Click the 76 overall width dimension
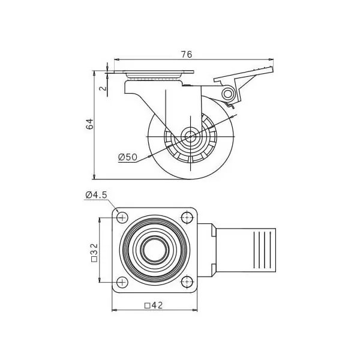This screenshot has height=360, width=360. point(187,55)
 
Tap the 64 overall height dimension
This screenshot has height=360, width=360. point(90,124)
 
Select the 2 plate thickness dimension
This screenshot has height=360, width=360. point(104,88)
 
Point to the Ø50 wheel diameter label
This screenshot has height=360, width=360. point(128,157)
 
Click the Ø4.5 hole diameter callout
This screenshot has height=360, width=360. point(96,195)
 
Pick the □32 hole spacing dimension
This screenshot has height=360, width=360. point(94,253)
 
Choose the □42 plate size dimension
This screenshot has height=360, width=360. point(154,305)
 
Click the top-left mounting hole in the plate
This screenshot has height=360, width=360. point(122,217)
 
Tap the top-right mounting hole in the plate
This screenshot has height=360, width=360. point(187,217)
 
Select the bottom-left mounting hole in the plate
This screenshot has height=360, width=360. point(122,282)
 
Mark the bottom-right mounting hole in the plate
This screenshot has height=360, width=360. point(187,282)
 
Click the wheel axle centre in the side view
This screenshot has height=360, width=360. point(190,137)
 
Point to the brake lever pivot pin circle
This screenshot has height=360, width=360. point(228,94)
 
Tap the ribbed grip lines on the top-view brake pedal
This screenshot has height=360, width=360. point(262,250)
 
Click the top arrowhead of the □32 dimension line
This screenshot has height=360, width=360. point(100,220)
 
